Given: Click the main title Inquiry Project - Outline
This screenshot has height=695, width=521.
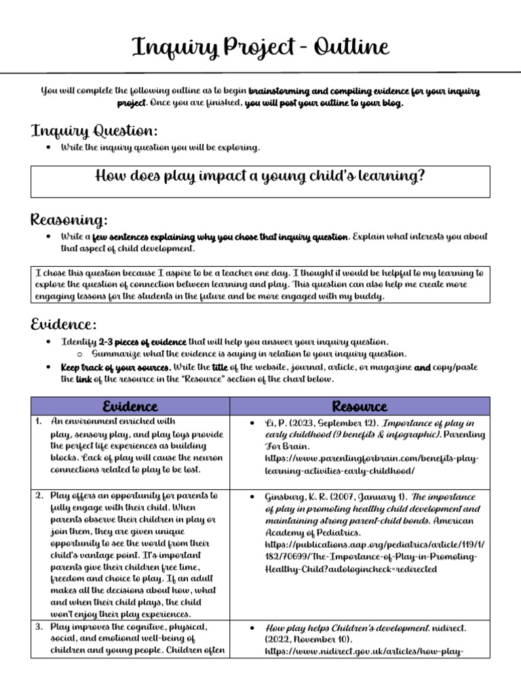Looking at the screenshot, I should (260, 48).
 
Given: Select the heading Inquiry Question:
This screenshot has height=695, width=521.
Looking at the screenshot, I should (94, 130).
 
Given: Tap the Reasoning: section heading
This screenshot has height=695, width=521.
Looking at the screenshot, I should (69, 220).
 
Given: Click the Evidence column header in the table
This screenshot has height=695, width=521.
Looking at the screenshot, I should (130, 406).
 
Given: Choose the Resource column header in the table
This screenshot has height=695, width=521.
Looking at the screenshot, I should (360, 406).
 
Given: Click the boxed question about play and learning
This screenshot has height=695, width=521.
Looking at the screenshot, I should (260, 176).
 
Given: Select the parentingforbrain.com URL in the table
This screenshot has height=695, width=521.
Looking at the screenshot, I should (371, 465).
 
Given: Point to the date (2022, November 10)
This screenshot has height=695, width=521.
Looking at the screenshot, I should (310, 640).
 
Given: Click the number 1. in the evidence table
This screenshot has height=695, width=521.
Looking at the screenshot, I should (39, 421).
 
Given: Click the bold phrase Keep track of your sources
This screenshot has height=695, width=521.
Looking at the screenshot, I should (115, 367).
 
